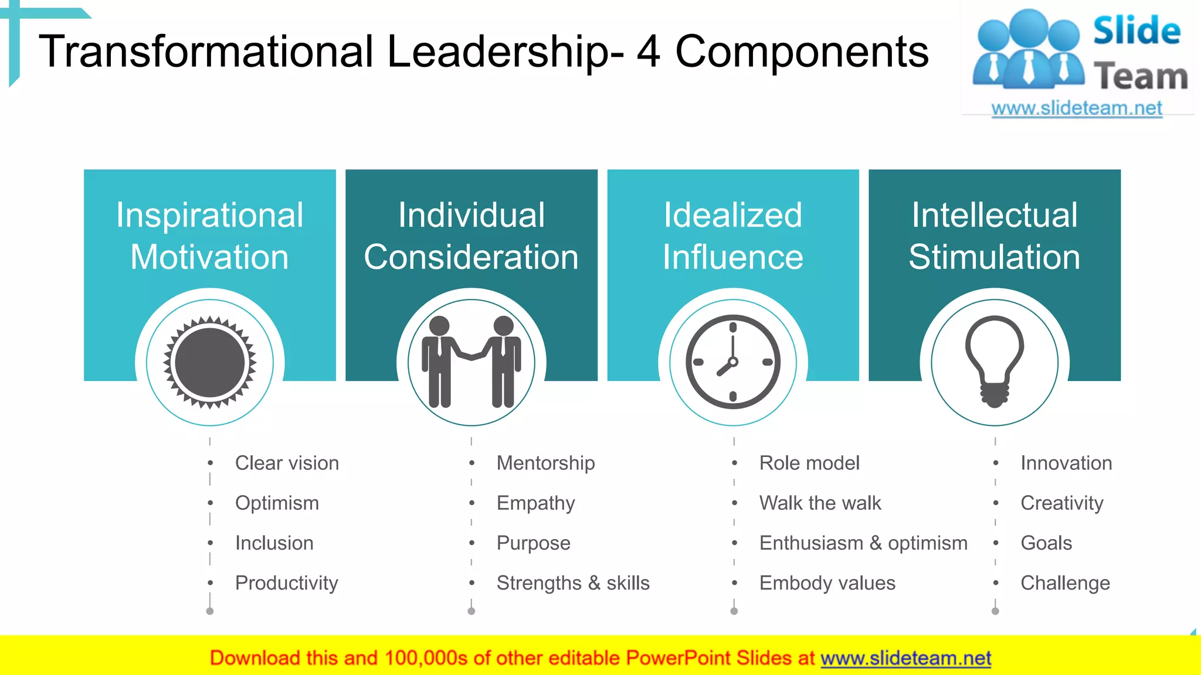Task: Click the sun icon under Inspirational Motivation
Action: [210, 363]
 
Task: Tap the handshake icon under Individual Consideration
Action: [471, 363]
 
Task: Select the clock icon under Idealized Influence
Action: [733, 363]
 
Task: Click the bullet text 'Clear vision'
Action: [287, 463]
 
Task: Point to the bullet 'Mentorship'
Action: [545, 463]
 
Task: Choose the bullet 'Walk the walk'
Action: [820, 503]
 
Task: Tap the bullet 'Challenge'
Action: [1065, 583]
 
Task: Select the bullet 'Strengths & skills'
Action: [573, 583]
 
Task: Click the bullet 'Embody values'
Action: [827, 583]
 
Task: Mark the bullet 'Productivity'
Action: [286, 583]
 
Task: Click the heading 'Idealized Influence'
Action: [733, 236]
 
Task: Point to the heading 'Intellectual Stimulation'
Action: [995, 236]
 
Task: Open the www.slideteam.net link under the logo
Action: [1077, 108]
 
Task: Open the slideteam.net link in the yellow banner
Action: [905, 658]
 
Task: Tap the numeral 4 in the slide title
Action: [649, 52]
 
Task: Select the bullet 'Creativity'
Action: [1061, 503]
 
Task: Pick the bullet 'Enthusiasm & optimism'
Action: [863, 543]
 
